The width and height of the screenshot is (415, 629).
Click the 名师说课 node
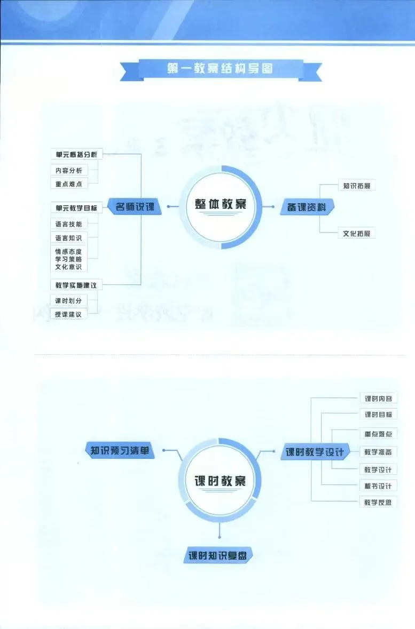[135, 206]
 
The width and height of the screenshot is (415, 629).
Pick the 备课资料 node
[307, 206]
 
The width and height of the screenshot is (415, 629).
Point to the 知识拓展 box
[356, 186]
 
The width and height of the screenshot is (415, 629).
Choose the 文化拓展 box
[356, 233]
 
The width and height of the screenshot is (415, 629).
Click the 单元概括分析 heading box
[76, 155]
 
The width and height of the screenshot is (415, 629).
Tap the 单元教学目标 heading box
[76, 208]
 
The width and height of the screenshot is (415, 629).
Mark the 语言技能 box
[68, 224]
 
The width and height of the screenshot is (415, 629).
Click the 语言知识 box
[68, 238]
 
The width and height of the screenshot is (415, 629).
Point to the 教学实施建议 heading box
[76, 285]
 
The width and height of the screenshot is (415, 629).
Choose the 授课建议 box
[68, 314]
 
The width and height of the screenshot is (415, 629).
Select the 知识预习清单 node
[119, 450]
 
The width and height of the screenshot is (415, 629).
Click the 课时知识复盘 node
[218, 555]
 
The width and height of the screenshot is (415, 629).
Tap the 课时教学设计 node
[315, 452]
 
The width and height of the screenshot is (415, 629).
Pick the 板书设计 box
[378, 486]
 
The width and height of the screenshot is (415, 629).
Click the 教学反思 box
[378, 502]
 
